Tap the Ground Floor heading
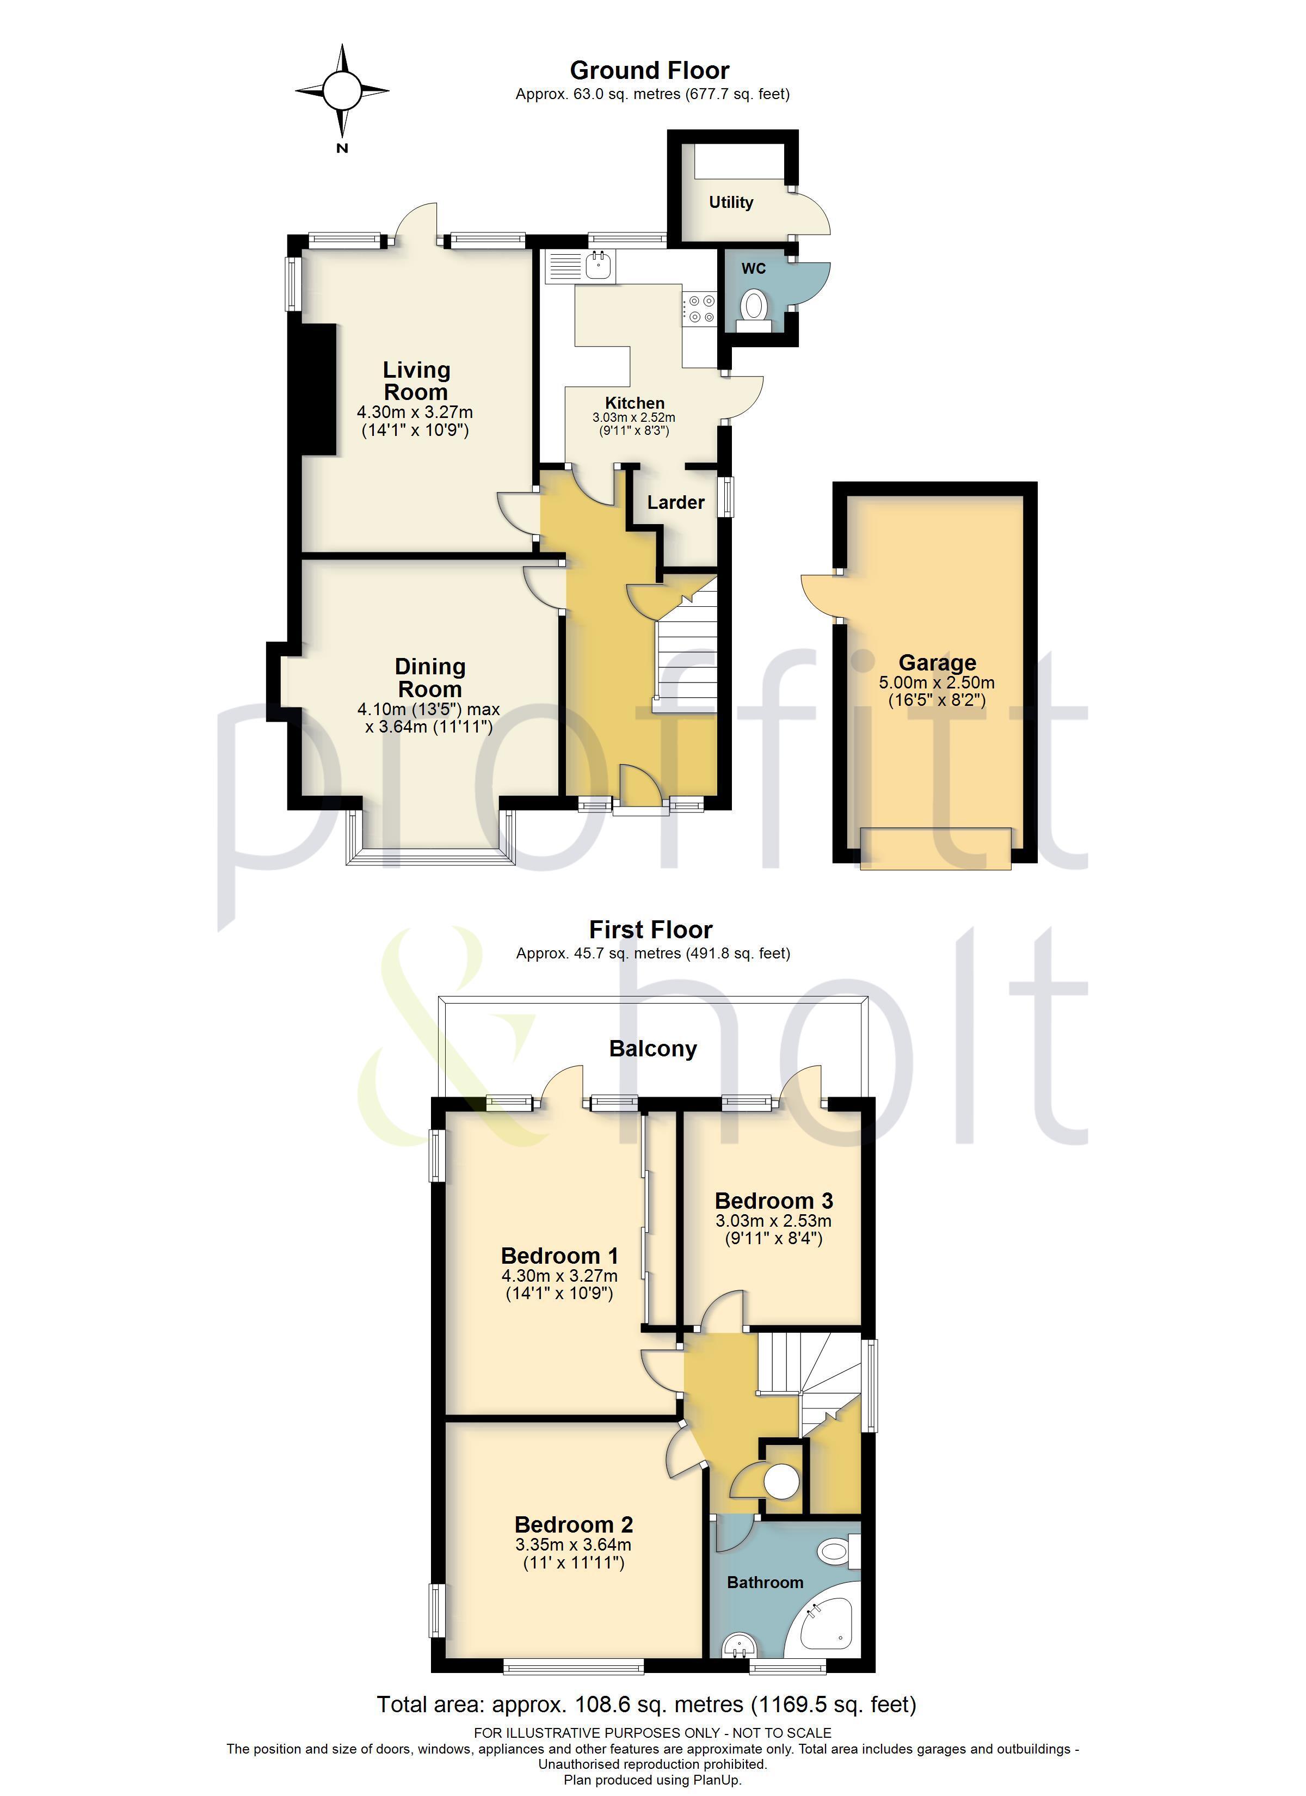click(x=649, y=70)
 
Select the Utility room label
click(x=730, y=202)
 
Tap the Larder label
click(x=675, y=502)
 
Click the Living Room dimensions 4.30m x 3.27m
click(x=415, y=412)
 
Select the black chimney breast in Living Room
click(x=319, y=390)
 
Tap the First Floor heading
click(x=650, y=929)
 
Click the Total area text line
click(x=646, y=1704)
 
